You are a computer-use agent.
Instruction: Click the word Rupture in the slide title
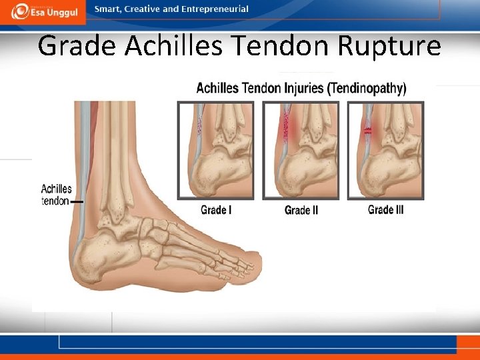click(x=389, y=47)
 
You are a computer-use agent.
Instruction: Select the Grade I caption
click(x=215, y=211)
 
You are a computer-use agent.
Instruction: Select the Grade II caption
click(x=301, y=211)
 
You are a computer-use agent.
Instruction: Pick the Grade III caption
click(x=386, y=210)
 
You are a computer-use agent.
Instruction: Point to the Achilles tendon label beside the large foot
click(x=56, y=195)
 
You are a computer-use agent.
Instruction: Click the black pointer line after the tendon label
click(x=77, y=201)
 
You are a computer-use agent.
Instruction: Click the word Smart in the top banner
click(x=108, y=9)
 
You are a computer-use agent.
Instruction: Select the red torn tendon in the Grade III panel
click(x=367, y=132)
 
